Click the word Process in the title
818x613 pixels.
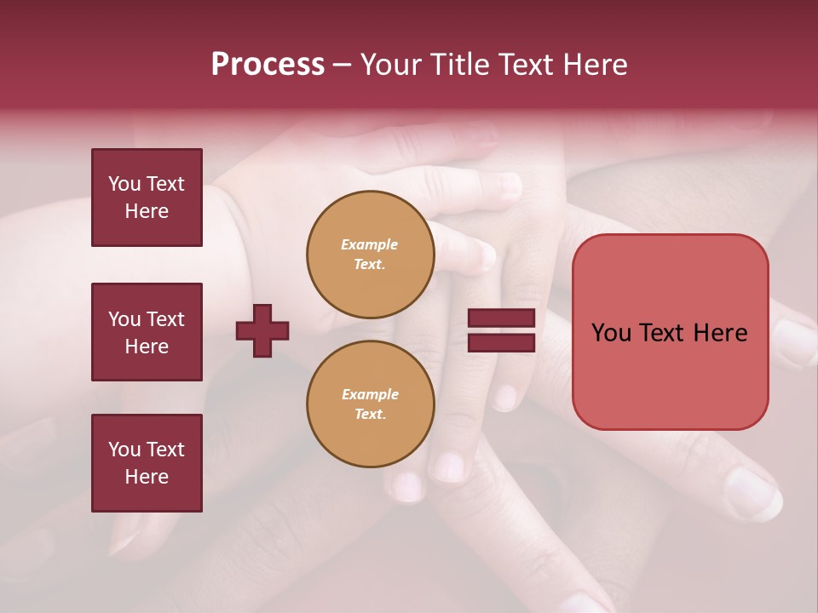268,65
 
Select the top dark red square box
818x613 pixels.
147,198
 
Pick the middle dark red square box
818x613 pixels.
147,332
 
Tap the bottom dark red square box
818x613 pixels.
147,463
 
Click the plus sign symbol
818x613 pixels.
262,330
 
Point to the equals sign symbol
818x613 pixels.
501,330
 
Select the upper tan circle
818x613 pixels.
371,255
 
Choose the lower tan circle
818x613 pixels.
371,404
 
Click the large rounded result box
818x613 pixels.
670,332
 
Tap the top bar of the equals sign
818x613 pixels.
501,318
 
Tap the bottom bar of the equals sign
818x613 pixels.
501,342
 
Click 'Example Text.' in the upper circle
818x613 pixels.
370,255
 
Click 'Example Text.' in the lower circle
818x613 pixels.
370,404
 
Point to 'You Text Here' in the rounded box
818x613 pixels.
670,333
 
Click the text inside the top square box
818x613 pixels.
147,198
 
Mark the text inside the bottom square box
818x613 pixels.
147,463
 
